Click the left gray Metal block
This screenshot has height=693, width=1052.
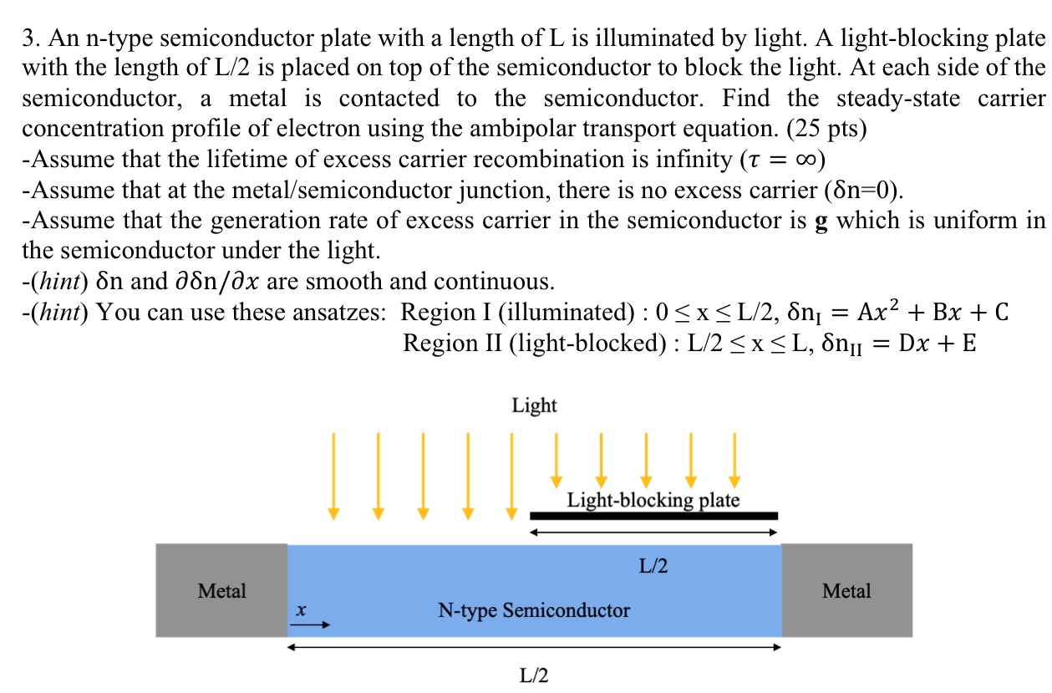[221, 591]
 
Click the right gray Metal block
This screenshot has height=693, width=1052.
[846, 591]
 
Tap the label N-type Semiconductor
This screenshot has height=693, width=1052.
[534, 610]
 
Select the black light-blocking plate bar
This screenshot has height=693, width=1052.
[654, 516]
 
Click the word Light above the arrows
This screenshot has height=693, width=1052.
[534, 406]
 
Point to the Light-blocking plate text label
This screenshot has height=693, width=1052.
[653, 501]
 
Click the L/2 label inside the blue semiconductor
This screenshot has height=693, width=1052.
[653, 566]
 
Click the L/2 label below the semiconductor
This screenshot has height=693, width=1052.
[534, 675]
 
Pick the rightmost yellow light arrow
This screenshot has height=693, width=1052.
[734, 460]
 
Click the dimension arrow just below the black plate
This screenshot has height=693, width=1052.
[654, 532]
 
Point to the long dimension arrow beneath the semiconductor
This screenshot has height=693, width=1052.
[534, 646]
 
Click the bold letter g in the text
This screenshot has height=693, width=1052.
[821, 222]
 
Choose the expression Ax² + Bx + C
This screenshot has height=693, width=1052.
[937, 312]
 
